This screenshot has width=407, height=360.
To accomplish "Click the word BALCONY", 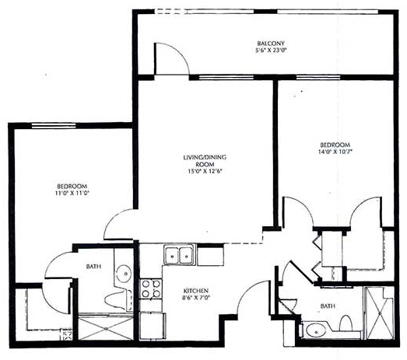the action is tap(271, 44).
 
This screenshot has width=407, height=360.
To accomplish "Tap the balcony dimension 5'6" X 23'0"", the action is tap(271, 50).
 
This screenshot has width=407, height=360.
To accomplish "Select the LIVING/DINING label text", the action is tap(205, 157).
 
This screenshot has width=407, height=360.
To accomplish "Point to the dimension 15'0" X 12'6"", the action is tap(205, 171).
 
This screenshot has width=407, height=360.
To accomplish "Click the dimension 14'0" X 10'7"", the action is tap(335, 152).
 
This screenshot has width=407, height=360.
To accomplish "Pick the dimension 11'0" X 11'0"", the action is tap(72, 193).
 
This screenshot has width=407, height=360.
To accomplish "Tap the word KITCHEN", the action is tap(195, 291).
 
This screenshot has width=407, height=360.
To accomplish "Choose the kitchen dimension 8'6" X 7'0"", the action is tap(195, 298).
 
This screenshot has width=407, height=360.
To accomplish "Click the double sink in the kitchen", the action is tap(179, 255).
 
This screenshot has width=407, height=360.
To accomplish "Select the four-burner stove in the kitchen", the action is tap(151, 289).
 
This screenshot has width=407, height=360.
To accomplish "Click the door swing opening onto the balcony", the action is tap(172, 58).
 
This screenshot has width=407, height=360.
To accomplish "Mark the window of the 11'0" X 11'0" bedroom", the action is tap(54, 126).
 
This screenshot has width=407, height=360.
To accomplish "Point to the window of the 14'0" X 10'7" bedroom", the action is tap(318, 77).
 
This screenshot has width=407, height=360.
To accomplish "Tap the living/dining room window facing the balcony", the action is tap(226, 77).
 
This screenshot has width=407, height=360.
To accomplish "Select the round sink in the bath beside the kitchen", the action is tap(123, 274).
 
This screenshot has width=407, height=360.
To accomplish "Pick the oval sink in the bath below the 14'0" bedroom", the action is tap(316, 331).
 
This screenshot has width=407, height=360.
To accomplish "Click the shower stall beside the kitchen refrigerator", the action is tap(106, 328).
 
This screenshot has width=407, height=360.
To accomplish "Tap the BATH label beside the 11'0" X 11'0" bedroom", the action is tap(93, 267).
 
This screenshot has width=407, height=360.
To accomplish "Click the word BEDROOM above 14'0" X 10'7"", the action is tap(335, 145).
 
